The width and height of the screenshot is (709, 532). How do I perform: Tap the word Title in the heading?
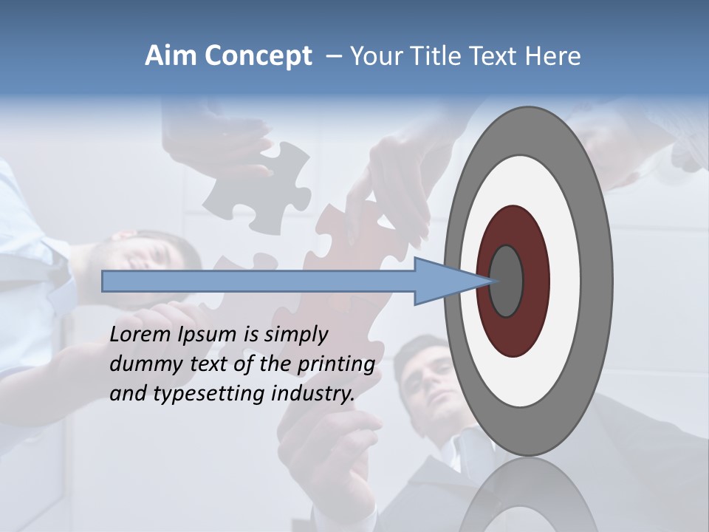click(435, 56)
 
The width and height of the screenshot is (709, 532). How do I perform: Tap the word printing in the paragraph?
click(336, 364)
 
